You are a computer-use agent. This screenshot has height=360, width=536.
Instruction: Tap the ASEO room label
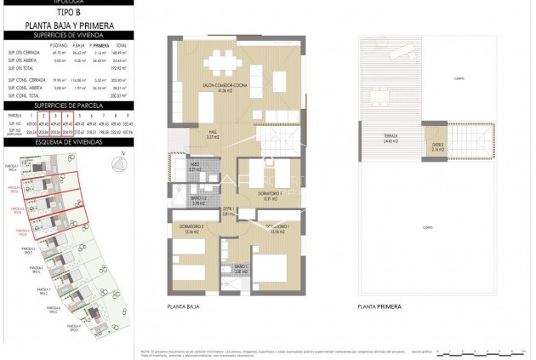click(195, 167)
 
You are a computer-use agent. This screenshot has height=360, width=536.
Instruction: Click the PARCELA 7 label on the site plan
click(44, 291)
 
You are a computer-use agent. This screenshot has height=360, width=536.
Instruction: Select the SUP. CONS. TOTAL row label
click(19, 96)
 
